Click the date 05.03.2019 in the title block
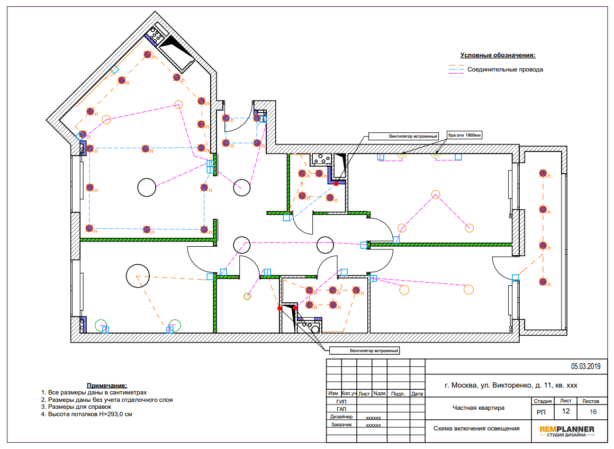(585, 366)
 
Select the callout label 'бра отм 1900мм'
(464, 135)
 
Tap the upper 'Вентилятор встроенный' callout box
(404, 137)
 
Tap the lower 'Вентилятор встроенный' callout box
(365, 351)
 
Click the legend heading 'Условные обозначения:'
(498, 55)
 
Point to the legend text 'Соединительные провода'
(505, 69)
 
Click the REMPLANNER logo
(566, 431)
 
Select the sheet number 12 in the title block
(566, 411)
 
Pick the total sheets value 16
(593, 411)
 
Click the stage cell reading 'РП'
(541, 412)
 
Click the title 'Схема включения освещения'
(476, 428)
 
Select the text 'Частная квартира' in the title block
(478, 408)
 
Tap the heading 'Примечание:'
(107, 385)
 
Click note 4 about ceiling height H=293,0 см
(86, 414)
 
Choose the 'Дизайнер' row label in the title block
(341, 417)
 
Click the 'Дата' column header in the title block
(417, 393)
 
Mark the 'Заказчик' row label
(341, 424)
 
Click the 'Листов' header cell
(591, 401)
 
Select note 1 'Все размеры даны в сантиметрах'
(94, 392)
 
